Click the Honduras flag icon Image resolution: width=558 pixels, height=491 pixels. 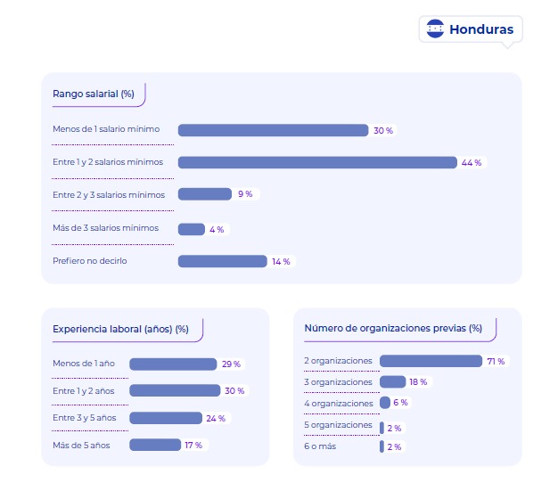pyautogui.click(x=435, y=29)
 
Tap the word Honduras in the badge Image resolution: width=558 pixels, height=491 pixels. pyautogui.click(x=481, y=29)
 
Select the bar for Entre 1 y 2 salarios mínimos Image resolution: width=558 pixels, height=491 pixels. pyautogui.click(x=317, y=162)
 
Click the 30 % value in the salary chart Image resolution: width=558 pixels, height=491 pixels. pyautogui.click(x=383, y=130)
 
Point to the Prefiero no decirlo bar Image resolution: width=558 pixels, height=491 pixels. pyautogui.click(x=222, y=261)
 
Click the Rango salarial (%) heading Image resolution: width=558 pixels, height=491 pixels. pyautogui.click(x=94, y=93)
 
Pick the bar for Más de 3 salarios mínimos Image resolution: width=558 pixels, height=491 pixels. pyautogui.click(x=192, y=229)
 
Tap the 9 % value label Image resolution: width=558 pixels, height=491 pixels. pyautogui.click(x=245, y=193)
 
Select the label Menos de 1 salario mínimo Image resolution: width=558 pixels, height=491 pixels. pyautogui.click(x=106, y=129)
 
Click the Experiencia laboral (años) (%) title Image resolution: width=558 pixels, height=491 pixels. pyautogui.click(x=120, y=329)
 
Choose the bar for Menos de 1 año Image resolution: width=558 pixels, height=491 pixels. pyautogui.click(x=173, y=364)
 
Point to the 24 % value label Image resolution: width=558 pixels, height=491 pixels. pyautogui.click(x=217, y=418)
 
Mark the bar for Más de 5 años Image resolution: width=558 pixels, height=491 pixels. pyautogui.click(x=155, y=445)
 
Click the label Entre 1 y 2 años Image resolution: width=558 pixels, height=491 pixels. pyautogui.click(x=84, y=390)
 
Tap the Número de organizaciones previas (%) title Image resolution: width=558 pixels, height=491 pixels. pyautogui.click(x=393, y=328)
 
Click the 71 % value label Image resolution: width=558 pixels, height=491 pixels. pyautogui.click(x=496, y=361)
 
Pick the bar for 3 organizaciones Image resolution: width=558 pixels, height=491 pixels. pyautogui.click(x=393, y=381)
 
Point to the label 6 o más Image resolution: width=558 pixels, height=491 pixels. pyautogui.click(x=320, y=446)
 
